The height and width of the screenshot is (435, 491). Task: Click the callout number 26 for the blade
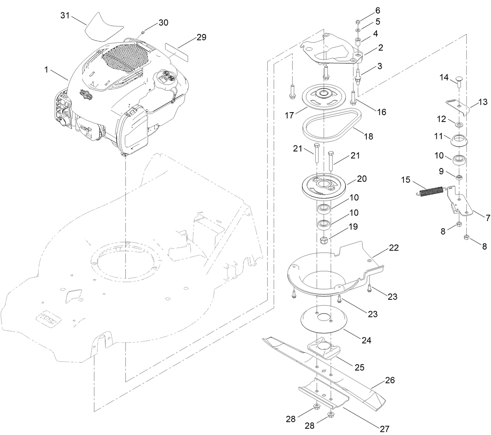tap(390, 380)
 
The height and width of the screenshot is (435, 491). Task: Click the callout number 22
tap(394, 248)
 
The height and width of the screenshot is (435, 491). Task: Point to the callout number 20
tap(362, 179)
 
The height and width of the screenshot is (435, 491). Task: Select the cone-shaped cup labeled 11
tap(459, 140)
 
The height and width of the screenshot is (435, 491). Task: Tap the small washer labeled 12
tap(459, 125)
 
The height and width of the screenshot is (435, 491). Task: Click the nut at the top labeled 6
tap(359, 21)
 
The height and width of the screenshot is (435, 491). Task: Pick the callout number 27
tap(384, 429)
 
